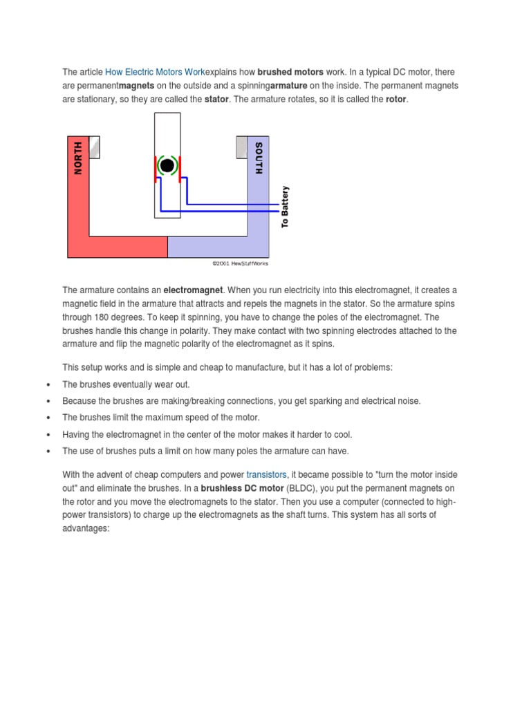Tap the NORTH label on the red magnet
pos(78,158)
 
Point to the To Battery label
pos(285,207)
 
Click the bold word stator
pos(216,100)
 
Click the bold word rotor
pos(396,100)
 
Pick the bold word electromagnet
pos(194,290)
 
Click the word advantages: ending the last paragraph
pos(86,529)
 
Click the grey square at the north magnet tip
pos(95,147)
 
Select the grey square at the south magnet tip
pos(241,147)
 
